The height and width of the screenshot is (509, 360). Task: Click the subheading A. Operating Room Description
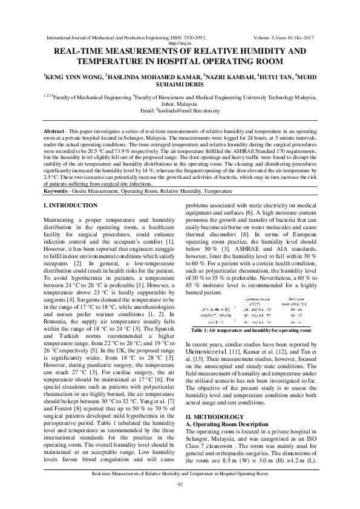[230, 424]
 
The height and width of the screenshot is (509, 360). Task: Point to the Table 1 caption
[251, 331]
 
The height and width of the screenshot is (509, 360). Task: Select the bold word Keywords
[59, 191]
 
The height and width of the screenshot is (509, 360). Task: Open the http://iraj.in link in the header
[180, 44]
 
